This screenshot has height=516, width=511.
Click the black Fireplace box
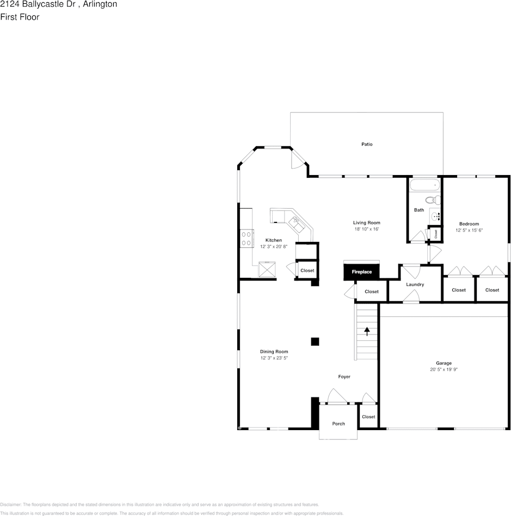pos(361,271)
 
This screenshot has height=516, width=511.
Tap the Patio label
pos(367,144)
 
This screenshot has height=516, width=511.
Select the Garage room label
pos(444,363)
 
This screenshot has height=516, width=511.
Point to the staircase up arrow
pos(367,331)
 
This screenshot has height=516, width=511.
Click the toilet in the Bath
pos(432,200)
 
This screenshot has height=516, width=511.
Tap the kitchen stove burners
pos(247,239)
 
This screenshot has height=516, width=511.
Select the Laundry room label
pos(415,284)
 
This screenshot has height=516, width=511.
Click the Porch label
pos(338,424)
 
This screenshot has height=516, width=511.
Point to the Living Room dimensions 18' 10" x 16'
pos(366,229)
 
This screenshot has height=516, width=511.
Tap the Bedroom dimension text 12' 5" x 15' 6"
pos(469,231)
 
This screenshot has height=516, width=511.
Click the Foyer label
pos(344,377)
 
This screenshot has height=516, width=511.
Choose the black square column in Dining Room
pos(315,341)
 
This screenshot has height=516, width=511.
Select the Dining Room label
pos(274,352)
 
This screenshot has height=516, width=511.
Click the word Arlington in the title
pos(100,4)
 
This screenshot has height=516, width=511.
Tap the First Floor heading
pos(20,17)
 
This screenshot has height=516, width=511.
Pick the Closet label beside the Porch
pos(368,417)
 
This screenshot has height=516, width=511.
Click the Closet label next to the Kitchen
pos(307,271)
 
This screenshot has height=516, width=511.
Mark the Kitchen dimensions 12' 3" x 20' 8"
pos(274,247)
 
